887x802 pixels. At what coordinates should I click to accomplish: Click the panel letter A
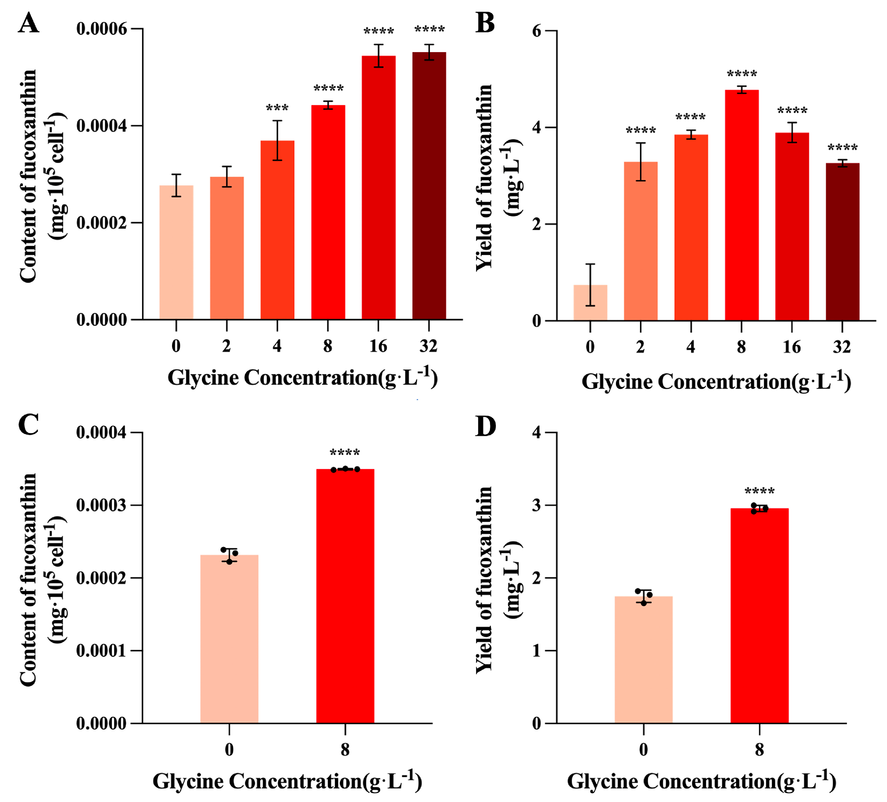[x=29, y=23]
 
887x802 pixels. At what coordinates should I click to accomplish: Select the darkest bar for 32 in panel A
[x=429, y=185]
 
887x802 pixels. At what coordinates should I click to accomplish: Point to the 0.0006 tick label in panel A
[x=102, y=29]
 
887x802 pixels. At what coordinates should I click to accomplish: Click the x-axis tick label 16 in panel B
[x=792, y=347]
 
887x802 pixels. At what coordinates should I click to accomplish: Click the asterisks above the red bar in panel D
[x=759, y=491]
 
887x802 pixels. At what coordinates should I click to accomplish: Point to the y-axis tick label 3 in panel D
[x=537, y=505]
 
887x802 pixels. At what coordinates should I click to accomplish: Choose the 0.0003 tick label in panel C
[x=101, y=505]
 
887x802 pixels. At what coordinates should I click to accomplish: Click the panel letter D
[x=485, y=426]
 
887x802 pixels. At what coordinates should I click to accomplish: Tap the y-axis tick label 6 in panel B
[x=537, y=31]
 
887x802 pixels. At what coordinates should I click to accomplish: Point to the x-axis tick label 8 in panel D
[x=759, y=750]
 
